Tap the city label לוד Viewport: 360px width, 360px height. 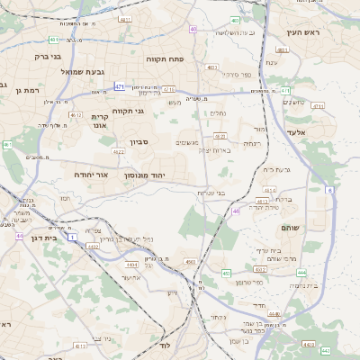tap(165, 345)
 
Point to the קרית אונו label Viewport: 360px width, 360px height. tap(100, 121)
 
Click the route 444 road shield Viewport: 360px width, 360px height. tap(301, 271)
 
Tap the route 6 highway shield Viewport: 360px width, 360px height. tap(329, 191)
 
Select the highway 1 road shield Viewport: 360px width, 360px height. tap(71, 236)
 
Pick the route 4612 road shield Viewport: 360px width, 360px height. tap(76, 115)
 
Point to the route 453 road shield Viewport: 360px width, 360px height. tap(226, 273)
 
